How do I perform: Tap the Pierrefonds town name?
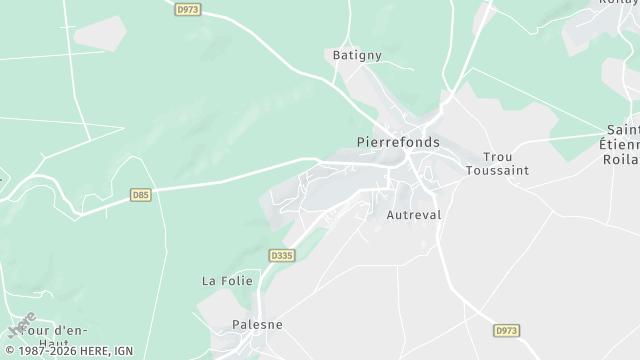[x=398, y=143]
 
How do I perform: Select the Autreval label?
[x=413, y=214]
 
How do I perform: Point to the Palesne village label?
[x=257, y=325]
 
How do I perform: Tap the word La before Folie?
[x=210, y=281]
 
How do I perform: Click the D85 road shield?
[x=141, y=195]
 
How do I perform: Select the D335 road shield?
[x=282, y=256]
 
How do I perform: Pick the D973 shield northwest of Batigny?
[x=186, y=8]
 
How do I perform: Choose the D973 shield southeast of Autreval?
[x=507, y=329]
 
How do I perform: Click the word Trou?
[x=497, y=157]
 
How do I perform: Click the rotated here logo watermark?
[x=20, y=324]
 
